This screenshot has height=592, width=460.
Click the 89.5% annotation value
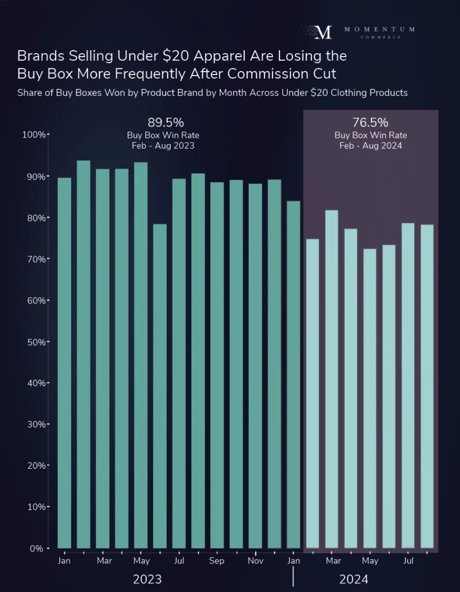coord(165,123)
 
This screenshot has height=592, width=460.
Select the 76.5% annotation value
coord(370,123)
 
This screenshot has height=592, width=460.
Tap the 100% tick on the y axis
coord(34,135)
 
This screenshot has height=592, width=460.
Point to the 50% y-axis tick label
coord(36,342)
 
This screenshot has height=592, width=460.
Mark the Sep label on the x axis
coord(217,561)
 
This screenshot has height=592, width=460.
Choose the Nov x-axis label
coord(255,561)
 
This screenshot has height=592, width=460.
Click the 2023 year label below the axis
coord(147,579)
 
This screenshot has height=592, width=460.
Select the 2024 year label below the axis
coord(354,579)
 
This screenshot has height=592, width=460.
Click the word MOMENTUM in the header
coord(379,29)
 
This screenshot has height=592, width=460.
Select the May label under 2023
coord(141,561)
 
